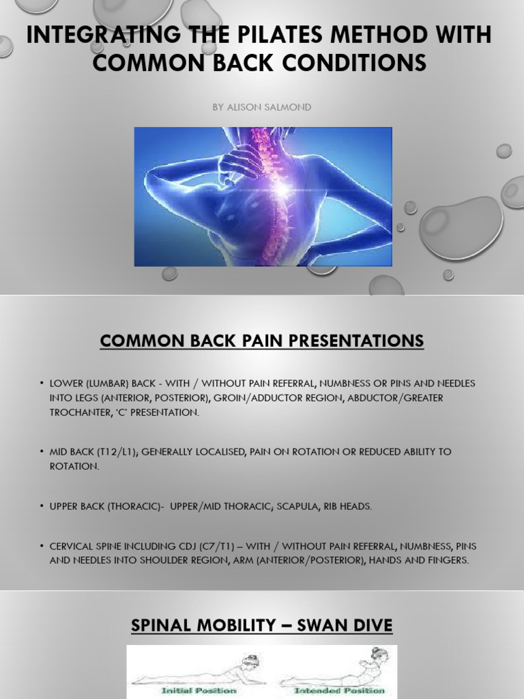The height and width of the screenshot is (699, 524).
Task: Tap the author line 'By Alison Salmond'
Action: coord(262,107)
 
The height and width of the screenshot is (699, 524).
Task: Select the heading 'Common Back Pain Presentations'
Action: coord(262,340)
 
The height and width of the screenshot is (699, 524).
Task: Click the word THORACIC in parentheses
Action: coord(143,506)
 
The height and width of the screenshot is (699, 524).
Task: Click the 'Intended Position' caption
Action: coord(330,690)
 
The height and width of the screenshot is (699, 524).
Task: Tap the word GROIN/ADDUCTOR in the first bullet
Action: coord(267,398)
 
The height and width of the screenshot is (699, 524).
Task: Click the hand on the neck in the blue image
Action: coord(242,161)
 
